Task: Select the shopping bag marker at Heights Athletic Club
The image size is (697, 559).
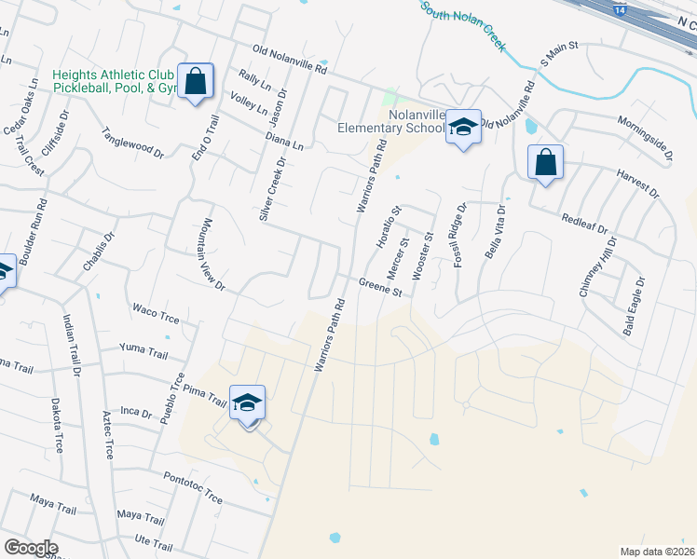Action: (196, 81)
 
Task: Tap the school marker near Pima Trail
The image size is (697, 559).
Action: (247, 402)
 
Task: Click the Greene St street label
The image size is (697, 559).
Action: (380, 287)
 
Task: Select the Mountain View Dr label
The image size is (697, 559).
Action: (211, 254)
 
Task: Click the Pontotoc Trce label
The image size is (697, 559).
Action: (192, 488)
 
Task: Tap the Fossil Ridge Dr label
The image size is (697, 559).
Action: (459, 236)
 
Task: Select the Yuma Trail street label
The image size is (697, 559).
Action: (143, 349)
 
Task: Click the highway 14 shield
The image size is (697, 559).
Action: (620, 7)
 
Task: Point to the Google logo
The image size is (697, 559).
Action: (30, 548)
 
